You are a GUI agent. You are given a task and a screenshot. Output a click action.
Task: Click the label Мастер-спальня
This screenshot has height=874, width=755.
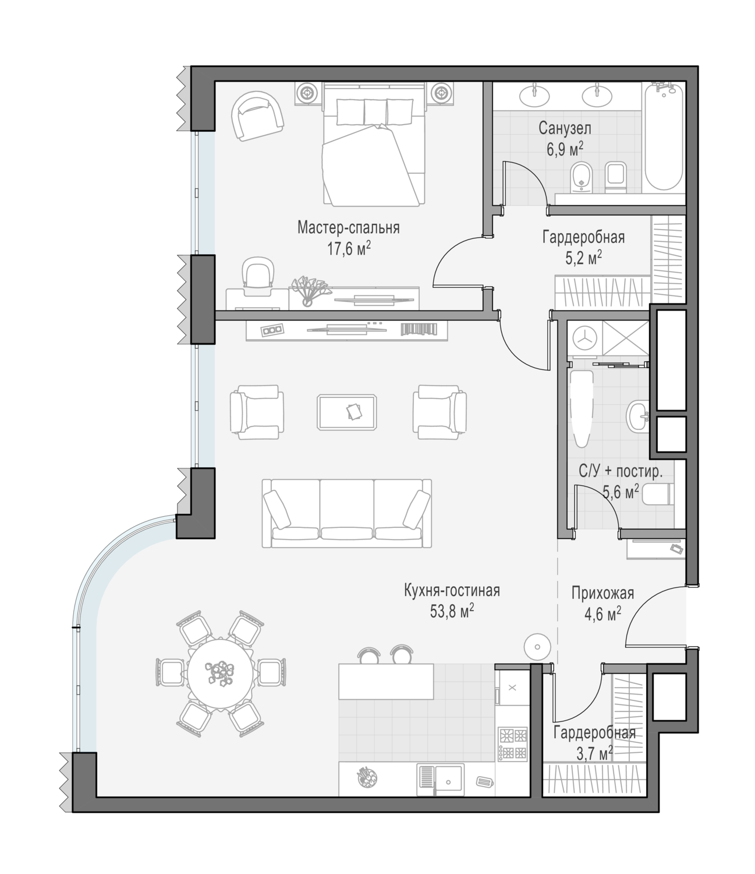click(348, 228)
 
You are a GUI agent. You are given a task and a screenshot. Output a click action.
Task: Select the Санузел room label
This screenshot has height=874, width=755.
click(565, 128)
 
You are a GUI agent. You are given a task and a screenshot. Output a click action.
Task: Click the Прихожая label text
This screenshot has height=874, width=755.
click(602, 593)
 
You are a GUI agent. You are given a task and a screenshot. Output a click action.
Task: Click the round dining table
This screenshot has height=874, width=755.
click(221, 674)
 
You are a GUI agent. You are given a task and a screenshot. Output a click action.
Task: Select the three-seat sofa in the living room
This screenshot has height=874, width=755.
click(346, 513)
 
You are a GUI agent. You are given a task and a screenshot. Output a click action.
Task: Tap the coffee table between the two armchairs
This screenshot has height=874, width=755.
click(346, 413)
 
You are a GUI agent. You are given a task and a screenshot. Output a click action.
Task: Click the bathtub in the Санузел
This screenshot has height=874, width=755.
click(664, 136)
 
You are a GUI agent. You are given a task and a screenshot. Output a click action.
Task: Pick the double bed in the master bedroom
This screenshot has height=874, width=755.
click(374, 144)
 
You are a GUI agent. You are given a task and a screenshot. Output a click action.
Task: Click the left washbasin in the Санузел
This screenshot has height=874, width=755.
click(534, 96)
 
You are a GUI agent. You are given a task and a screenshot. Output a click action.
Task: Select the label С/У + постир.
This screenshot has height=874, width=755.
click(620, 471)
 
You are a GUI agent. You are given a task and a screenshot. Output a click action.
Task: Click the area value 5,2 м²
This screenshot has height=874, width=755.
click(583, 258)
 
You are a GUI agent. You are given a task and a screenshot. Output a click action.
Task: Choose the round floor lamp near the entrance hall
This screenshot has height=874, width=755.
click(537, 647)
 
